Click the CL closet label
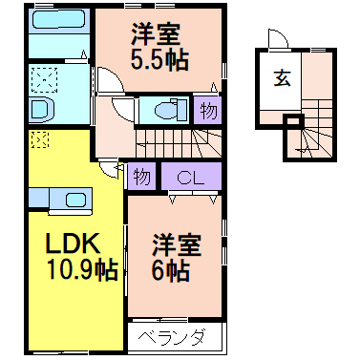point(190,177)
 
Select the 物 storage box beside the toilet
point(208,111)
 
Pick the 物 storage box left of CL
point(141,177)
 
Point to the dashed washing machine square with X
point(45,77)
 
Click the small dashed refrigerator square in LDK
point(38,140)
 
